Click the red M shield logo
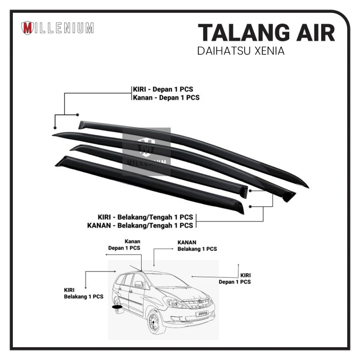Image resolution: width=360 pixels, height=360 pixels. pyautogui.click(x=27, y=28)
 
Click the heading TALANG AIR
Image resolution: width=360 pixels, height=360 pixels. pyautogui.click(x=266, y=34)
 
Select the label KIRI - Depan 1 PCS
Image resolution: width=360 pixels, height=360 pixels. pyautogui.click(x=163, y=89)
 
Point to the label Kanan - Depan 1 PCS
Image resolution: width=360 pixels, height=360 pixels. pyautogui.click(x=166, y=97)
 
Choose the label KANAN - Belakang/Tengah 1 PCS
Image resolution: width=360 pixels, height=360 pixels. pyautogui.click(x=140, y=225)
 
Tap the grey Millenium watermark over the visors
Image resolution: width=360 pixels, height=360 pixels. pyautogui.click(x=146, y=152)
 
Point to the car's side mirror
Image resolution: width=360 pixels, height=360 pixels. pyautogui.click(x=138, y=284)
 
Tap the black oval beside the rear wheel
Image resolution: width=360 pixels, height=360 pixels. pyautogui.click(x=117, y=307)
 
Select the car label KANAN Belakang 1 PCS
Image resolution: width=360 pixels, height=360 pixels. pyautogui.click(x=197, y=246)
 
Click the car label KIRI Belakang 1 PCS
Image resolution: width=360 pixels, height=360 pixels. pyautogui.click(x=83, y=293)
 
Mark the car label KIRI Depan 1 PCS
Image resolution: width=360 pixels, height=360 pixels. pyautogui.click(x=234, y=278)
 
